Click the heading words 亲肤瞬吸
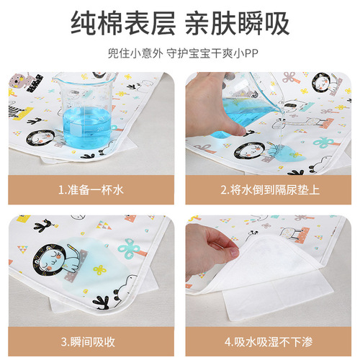pos(238,24)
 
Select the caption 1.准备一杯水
pos(90,191)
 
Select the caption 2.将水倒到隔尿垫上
pos(270,191)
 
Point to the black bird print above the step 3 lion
pos(48,228)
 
